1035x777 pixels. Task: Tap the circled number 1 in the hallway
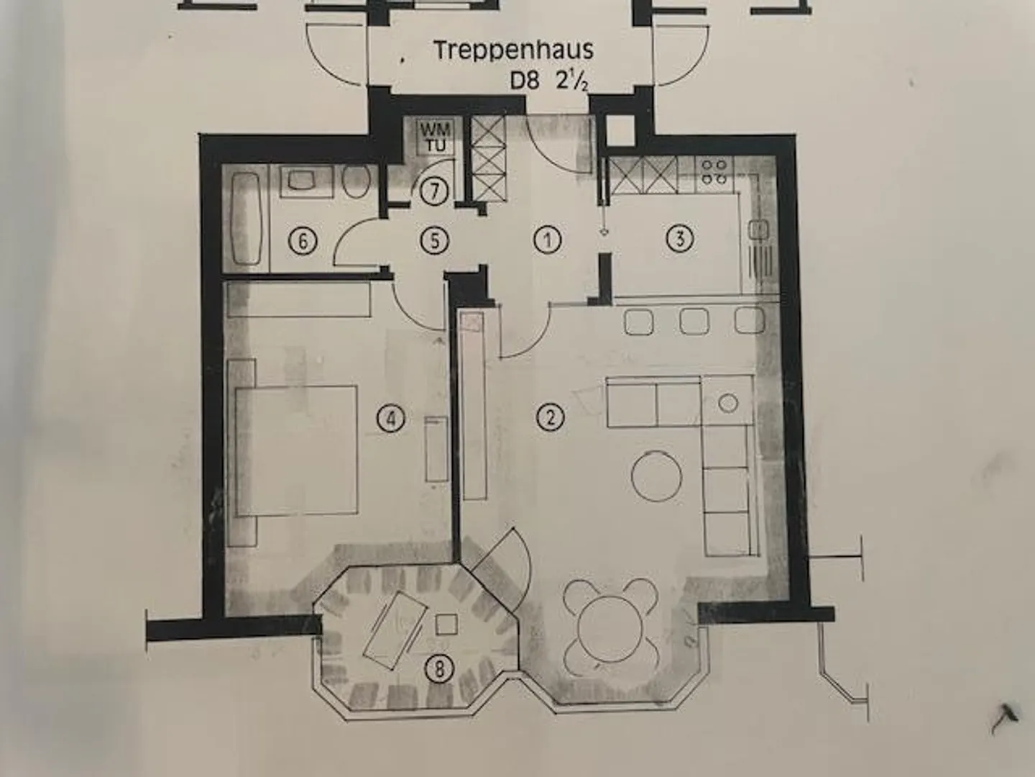pyautogui.click(x=548, y=240)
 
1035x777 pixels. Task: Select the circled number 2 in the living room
pyautogui.click(x=550, y=417)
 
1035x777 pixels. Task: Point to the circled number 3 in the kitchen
pyautogui.click(x=679, y=238)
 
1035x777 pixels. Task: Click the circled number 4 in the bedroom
pyautogui.click(x=391, y=418)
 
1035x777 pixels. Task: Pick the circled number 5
pyautogui.click(x=434, y=240)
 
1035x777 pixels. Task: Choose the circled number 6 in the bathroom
pyautogui.click(x=303, y=242)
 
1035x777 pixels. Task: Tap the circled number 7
pyautogui.click(x=434, y=191)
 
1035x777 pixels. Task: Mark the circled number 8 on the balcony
pyautogui.click(x=439, y=668)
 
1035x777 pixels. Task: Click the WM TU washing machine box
pyautogui.click(x=436, y=137)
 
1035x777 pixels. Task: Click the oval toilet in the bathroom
pyautogui.click(x=356, y=182)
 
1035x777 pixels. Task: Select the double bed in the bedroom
pyautogui.click(x=296, y=450)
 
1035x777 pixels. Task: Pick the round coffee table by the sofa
pyautogui.click(x=657, y=476)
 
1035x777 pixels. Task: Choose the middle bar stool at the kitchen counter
pyautogui.click(x=694, y=322)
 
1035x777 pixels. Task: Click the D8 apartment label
pyautogui.click(x=524, y=81)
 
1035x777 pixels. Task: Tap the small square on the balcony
pyautogui.click(x=446, y=624)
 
